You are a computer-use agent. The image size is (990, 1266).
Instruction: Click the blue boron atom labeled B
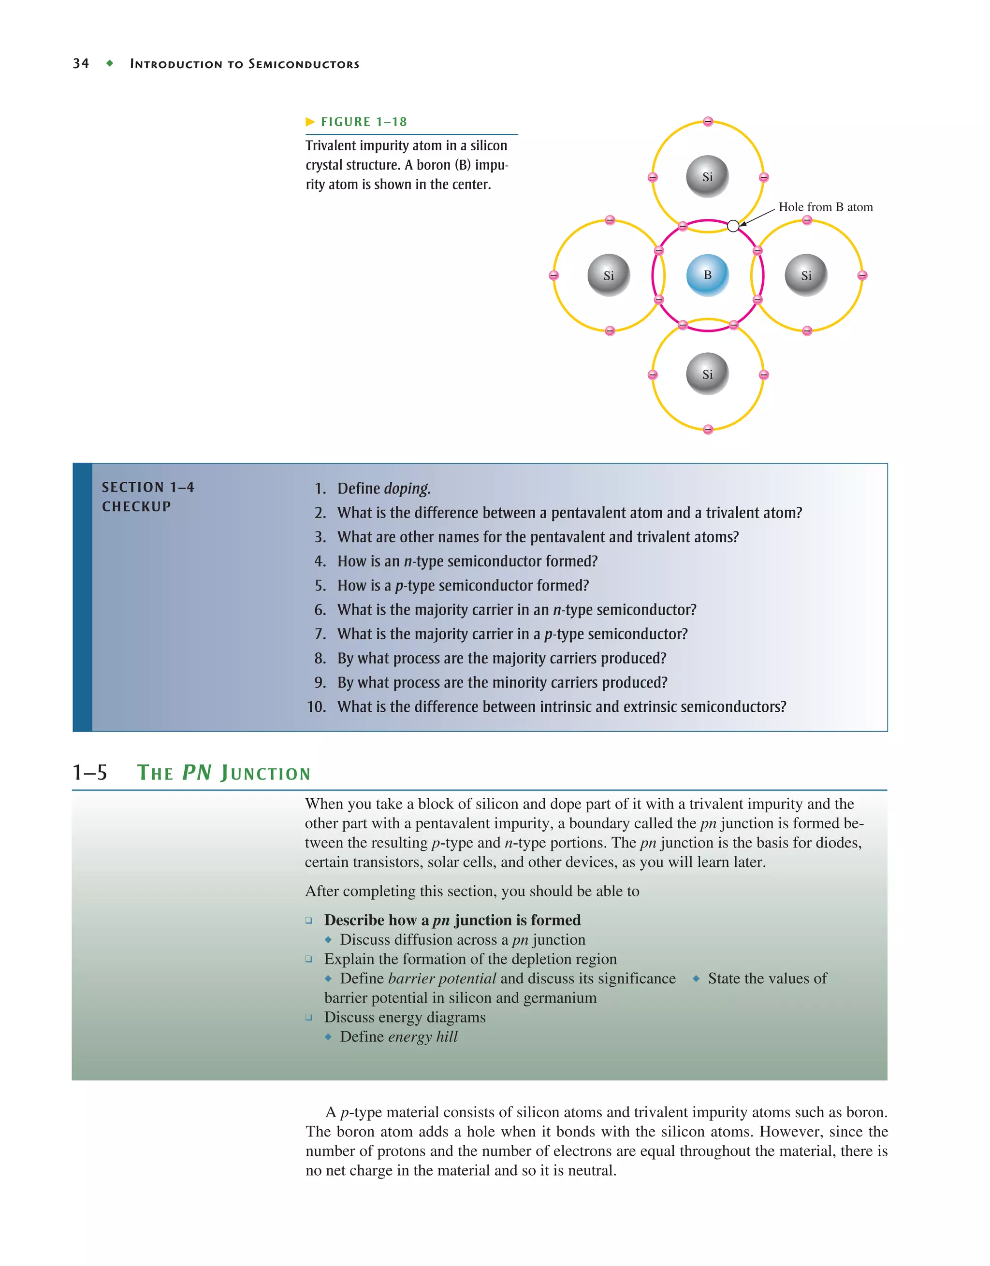707,275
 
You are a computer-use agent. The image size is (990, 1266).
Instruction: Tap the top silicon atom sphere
707,176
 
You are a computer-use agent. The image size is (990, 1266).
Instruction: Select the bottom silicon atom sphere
707,374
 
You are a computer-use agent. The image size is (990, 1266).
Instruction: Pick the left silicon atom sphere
609,275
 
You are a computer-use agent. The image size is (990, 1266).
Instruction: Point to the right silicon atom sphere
806,275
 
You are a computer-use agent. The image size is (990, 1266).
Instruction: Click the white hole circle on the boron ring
733,226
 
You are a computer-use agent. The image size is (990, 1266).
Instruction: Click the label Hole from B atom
825,207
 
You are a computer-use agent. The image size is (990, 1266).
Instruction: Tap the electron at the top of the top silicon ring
708,121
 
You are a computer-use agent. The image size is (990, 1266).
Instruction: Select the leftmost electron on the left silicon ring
554,275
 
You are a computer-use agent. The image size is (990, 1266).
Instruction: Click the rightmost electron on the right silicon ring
862,275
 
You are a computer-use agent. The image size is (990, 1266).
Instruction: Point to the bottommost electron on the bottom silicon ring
708,430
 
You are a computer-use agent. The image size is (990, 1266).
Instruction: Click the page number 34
81,64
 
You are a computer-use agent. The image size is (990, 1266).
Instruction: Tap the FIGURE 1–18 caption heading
364,122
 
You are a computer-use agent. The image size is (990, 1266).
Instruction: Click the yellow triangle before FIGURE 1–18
310,122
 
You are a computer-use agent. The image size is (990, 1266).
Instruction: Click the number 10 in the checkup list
317,706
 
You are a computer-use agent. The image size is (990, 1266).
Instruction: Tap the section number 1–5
90,773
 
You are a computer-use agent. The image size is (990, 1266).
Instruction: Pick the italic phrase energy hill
423,1036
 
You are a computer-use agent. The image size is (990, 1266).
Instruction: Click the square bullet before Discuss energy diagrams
309,1017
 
